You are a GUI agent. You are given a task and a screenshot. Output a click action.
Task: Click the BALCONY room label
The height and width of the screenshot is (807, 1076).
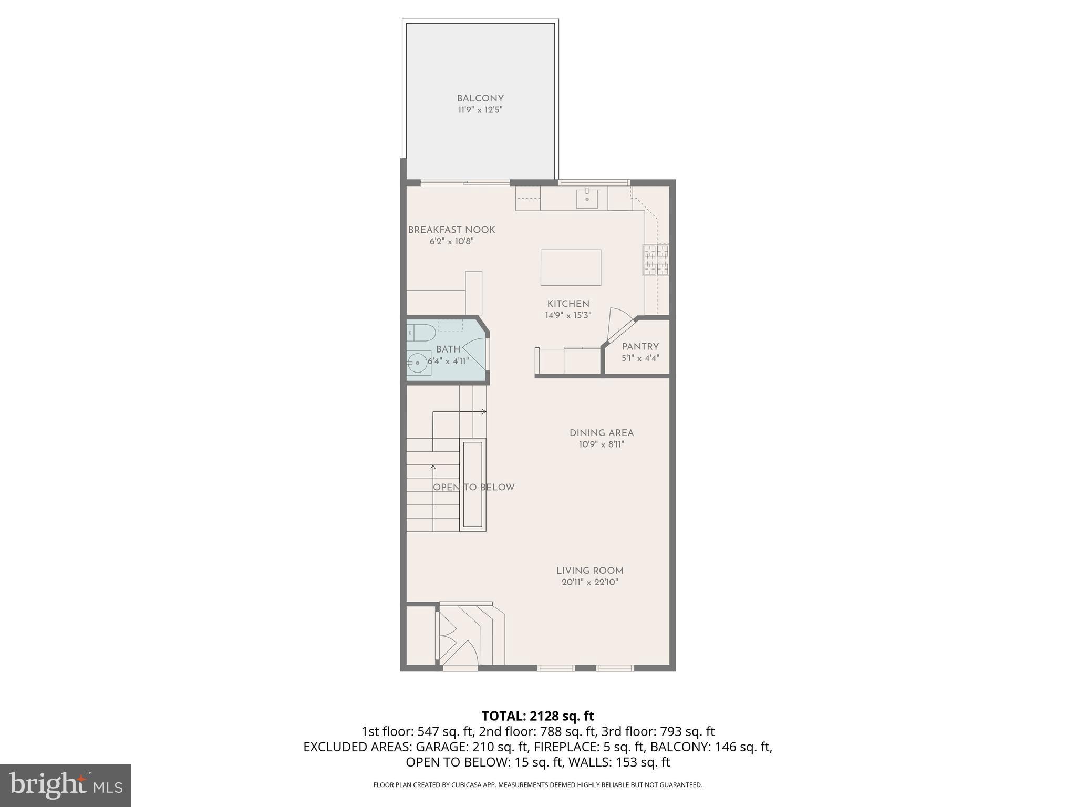(x=480, y=98)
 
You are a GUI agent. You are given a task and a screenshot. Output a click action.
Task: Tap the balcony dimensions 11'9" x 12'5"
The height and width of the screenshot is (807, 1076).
(x=480, y=110)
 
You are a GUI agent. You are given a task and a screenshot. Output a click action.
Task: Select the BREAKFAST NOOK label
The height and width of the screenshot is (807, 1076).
(x=451, y=230)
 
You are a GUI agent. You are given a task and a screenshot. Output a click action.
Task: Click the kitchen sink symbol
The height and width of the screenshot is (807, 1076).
(x=586, y=198)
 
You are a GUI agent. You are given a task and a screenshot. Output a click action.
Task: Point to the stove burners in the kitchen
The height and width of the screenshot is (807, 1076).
(x=656, y=260)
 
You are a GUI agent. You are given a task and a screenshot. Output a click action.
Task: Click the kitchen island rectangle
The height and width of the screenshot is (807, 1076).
(x=571, y=267)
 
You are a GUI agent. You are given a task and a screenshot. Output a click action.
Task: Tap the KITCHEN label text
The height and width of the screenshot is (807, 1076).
(x=568, y=304)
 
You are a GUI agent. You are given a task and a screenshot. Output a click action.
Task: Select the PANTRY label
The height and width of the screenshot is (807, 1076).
(x=640, y=347)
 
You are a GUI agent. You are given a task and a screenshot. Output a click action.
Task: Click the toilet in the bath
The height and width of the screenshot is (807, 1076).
(x=420, y=333)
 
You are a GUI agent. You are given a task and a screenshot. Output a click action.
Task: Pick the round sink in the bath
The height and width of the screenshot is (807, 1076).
(x=417, y=363)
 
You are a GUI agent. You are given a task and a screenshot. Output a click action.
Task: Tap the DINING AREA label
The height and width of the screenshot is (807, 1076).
(x=602, y=433)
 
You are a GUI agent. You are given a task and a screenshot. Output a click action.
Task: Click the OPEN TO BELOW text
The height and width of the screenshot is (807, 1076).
(x=473, y=487)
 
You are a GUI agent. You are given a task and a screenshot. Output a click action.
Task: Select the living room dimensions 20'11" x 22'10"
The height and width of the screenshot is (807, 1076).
(x=589, y=582)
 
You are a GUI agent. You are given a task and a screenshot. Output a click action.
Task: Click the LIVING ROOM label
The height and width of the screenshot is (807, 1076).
(x=589, y=571)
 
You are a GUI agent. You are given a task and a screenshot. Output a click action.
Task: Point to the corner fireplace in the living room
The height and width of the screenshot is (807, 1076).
(x=470, y=636)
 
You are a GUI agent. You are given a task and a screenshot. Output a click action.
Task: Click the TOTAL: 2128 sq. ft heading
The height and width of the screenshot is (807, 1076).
(x=537, y=716)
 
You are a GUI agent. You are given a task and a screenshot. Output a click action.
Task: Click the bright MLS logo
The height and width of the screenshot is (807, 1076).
(x=66, y=785)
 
